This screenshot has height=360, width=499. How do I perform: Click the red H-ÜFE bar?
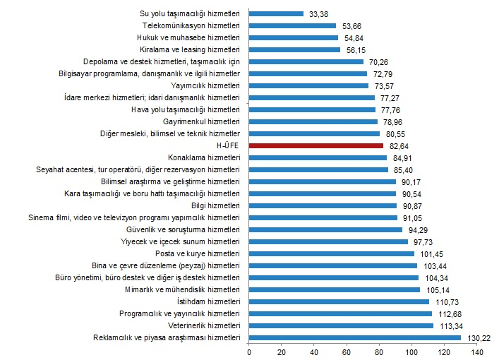[316, 145]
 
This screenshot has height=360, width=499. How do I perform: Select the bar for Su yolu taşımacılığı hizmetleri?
[277, 13]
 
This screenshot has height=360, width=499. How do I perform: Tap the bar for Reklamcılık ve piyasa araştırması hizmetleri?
[354, 337]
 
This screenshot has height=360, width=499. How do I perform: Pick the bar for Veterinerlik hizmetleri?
[341, 325]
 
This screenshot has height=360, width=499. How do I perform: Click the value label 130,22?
[476, 338]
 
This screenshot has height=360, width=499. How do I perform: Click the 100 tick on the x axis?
[411, 352]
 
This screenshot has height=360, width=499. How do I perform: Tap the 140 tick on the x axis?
[476, 352]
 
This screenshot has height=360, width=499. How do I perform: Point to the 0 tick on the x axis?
[249, 352]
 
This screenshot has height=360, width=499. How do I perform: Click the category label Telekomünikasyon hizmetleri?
[192, 25]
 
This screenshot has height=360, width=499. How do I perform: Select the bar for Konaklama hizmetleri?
[318, 157]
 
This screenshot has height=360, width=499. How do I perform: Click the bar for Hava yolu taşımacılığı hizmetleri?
[312, 109]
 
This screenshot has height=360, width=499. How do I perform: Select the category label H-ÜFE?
[231, 145]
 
